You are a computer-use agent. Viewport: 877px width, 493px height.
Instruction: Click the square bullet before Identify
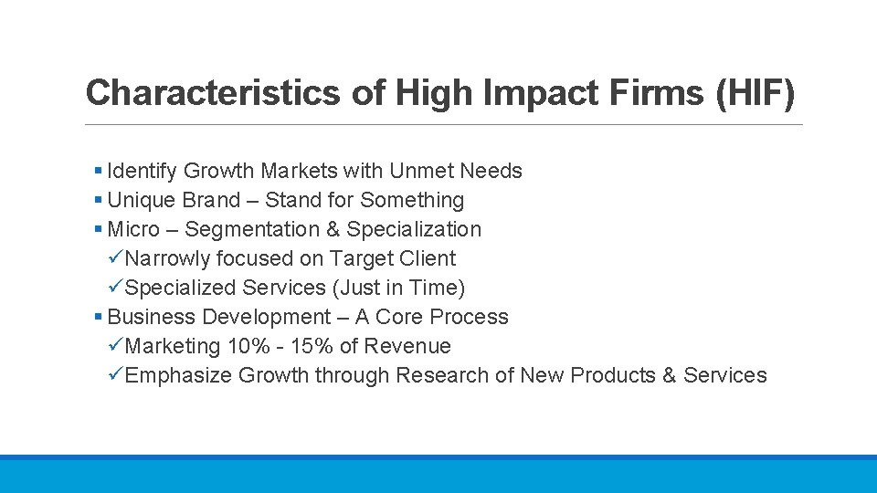[99, 172]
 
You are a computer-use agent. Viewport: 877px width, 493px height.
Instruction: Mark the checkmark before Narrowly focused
[116, 258]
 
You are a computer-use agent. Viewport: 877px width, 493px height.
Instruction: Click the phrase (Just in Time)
[399, 288]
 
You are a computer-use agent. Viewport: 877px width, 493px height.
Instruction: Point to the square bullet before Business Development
[99, 318]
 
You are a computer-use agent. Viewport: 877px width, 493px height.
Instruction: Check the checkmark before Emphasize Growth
[116, 375]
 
